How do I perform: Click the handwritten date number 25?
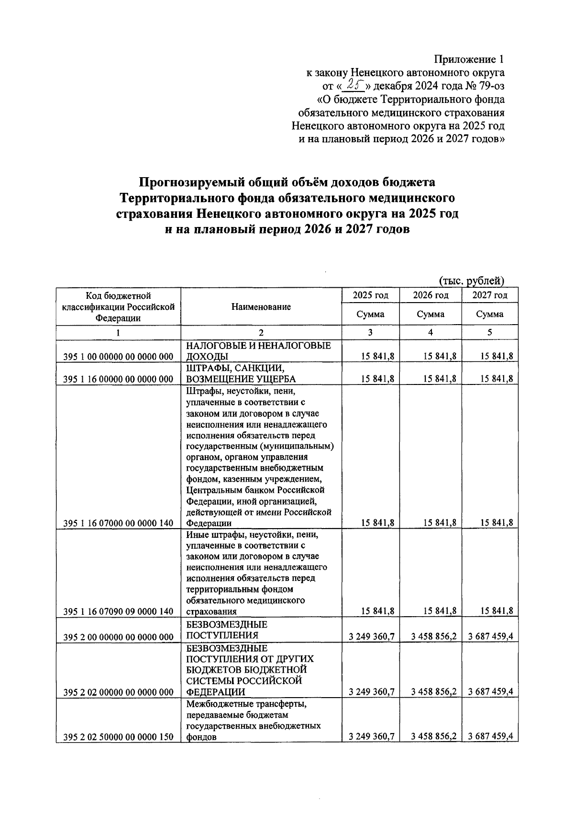[354, 85]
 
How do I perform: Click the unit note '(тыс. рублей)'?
[472, 281]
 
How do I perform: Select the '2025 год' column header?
[370, 295]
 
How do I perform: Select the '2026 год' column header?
[430, 295]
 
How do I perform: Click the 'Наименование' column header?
[261, 307]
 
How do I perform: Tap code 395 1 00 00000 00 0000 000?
[118, 357]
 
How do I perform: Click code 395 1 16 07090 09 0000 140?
[118, 611]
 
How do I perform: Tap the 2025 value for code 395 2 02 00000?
[372, 692]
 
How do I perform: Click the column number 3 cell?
[370, 332]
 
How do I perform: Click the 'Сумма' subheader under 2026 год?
[430, 315]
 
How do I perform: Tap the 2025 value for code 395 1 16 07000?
[377, 523]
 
